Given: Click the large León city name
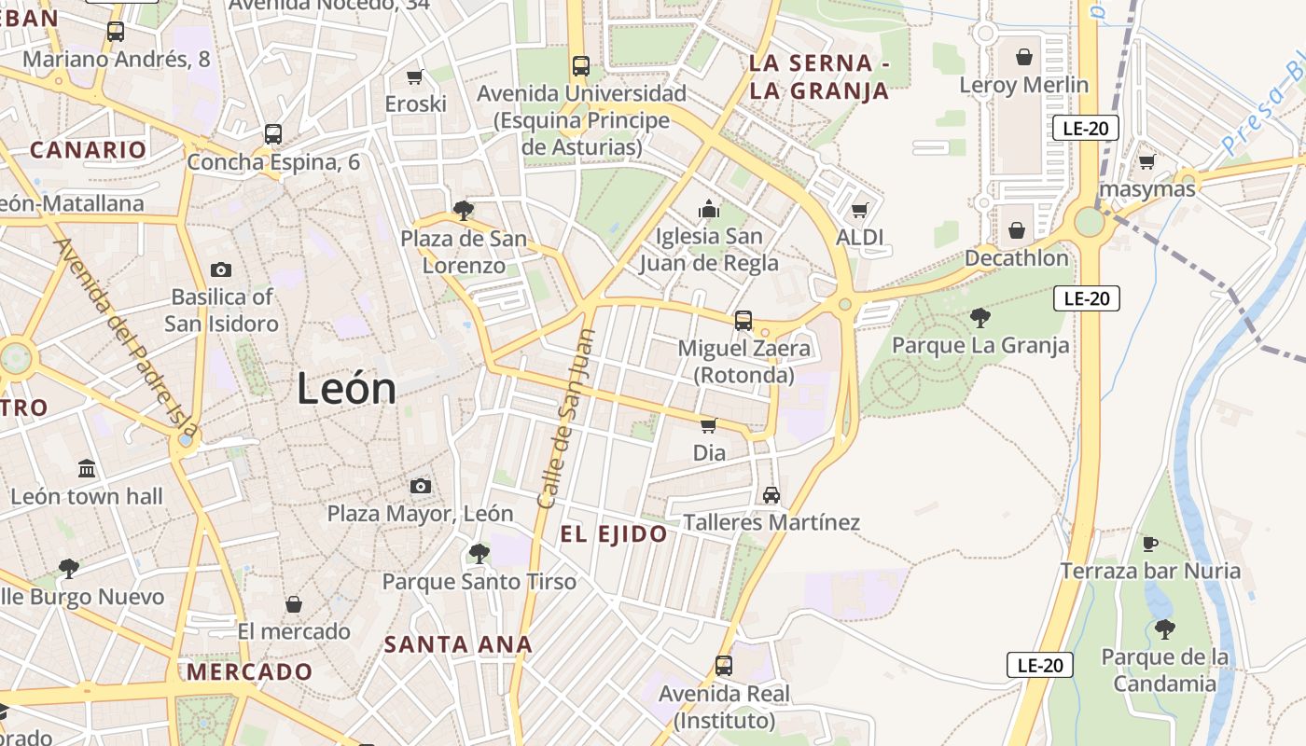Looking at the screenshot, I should pyautogui.click(x=346, y=388).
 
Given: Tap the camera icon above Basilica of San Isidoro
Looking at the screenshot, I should pyautogui.click(x=221, y=270).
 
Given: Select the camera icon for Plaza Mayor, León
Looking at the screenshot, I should pyautogui.click(x=421, y=486).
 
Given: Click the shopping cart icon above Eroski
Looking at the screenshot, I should pyautogui.click(x=415, y=76).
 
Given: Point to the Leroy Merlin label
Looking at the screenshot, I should pyautogui.click(x=1023, y=85).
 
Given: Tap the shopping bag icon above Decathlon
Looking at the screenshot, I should pyautogui.click(x=1017, y=229).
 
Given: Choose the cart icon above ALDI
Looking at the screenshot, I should pyautogui.click(x=859, y=210).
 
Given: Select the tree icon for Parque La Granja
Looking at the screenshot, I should pyautogui.click(x=979, y=318).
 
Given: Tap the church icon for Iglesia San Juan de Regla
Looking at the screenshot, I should pyautogui.click(x=709, y=209).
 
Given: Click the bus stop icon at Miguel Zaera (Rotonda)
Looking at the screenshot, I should pyautogui.click(x=743, y=321).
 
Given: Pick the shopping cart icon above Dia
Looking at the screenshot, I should pyautogui.click(x=708, y=426).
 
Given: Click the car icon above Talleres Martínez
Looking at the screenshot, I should pyautogui.click(x=771, y=495).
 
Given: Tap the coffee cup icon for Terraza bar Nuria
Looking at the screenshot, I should pyautogui.click(x=1150, y=544).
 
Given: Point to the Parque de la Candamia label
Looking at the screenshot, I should pyautogui.click(x=1164, y=670).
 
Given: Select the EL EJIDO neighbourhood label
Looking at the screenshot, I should pyautogui.click(x=614, y=534).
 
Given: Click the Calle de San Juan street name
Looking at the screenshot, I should pyautogui.click(x=566, y=420).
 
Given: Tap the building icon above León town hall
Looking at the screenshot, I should pyautogui.click(x=87, y=468).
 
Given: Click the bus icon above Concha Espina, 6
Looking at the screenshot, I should pyautogui.click(x=272, y=134).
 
